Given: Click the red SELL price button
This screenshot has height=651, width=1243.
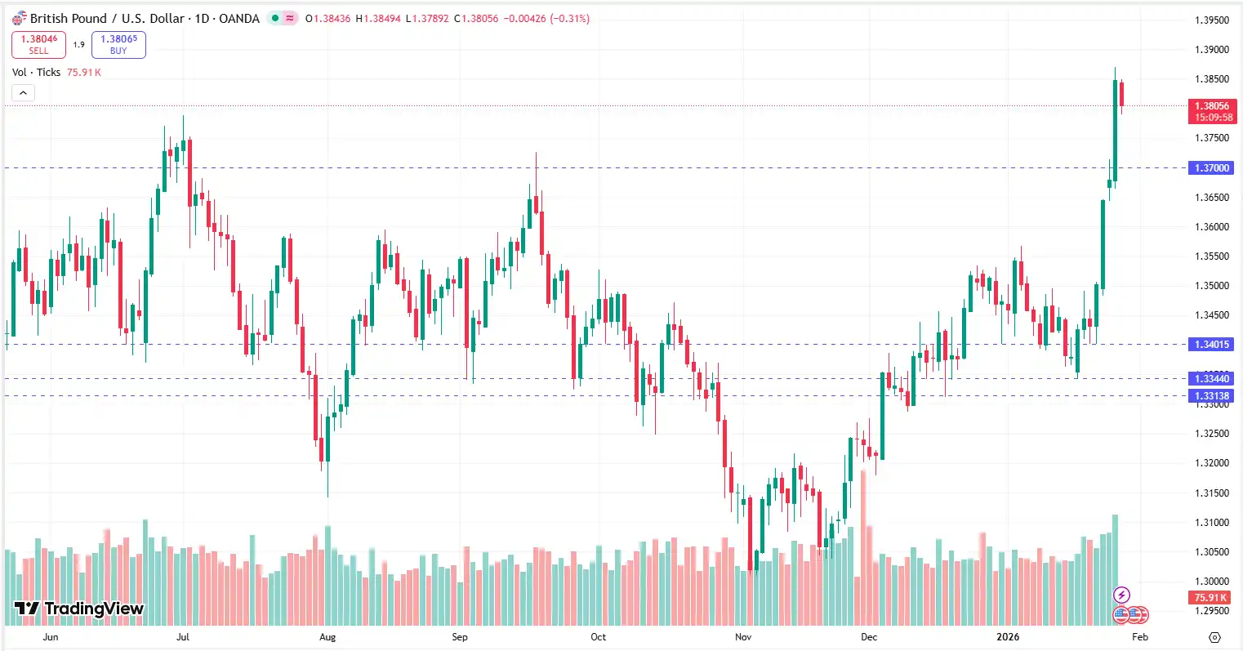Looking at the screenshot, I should [x=38, y=44].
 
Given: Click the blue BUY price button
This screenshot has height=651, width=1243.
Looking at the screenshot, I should [x=118, y=44].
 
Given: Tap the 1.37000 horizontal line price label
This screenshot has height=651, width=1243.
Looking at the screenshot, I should [x=1211, y=167].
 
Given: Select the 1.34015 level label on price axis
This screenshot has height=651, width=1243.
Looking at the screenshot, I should [x=1211, y=344].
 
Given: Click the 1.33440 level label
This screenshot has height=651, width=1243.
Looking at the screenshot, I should [x=1211, y=378].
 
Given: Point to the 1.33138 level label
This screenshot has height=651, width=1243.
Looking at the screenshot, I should [x=1211, y=395].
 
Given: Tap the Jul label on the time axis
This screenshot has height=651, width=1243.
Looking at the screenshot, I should [x=182, y=637].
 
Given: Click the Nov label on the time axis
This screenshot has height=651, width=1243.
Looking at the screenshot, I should [x=742, y=637].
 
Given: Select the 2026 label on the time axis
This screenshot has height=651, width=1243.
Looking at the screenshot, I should [x=1008, y=637].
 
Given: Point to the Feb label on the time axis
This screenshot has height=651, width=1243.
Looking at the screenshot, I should [x=1140, y=637].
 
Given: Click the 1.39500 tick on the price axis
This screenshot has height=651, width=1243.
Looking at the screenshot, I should [x=1211, y=20].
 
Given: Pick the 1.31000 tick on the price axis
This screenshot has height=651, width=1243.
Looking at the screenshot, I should [x=1211, y=523].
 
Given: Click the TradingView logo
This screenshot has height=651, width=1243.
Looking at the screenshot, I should [x=79, y=609].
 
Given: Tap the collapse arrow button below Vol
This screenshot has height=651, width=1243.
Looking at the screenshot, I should [x=23, y=93].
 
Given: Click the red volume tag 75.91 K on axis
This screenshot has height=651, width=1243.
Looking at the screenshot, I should [x=1212, y=598].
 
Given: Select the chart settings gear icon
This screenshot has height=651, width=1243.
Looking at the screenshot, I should [x=1214, y=637].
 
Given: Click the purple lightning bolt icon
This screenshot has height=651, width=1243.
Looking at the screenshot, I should [x=1122, y=595].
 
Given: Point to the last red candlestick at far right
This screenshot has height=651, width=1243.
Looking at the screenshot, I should [x=1122, y=93].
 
